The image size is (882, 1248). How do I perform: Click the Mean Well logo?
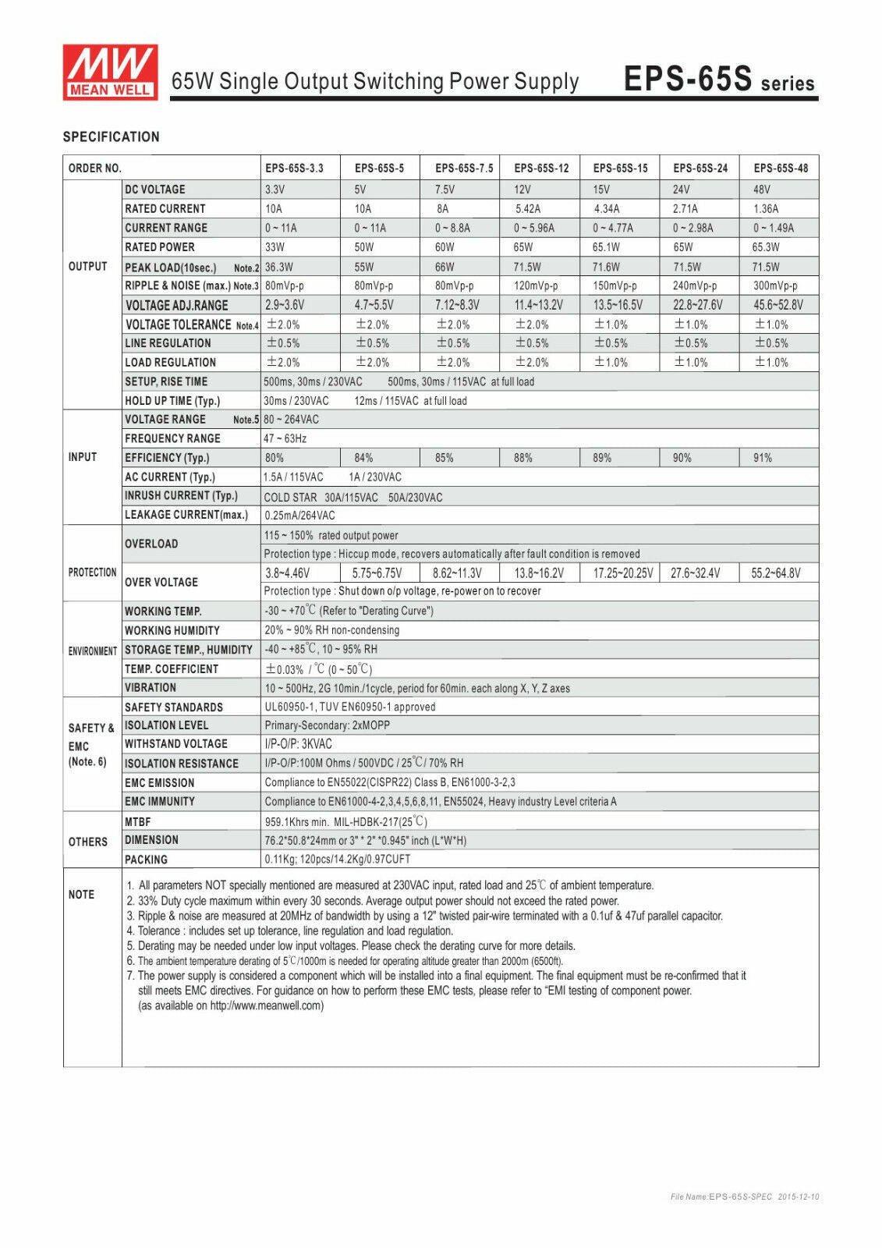coord(110,72)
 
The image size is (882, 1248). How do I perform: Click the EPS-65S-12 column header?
coord(541,168)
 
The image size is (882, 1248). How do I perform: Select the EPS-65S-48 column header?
coord(780,168)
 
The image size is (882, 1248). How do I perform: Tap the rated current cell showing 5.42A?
coord(527,209)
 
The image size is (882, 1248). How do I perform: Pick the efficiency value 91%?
coord(762,458)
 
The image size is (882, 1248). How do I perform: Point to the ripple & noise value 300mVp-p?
coord(774,285)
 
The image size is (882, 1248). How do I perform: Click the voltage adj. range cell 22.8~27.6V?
coord(697,305)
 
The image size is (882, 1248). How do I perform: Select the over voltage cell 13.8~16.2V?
coord(538,573)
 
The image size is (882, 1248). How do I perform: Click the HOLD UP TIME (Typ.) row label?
coord(172,401)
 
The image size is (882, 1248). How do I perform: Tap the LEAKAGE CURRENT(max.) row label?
coord(186,515)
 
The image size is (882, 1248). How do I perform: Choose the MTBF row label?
coord(138,822)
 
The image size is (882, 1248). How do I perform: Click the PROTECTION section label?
coord(92,573)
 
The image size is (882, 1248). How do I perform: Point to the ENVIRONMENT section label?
coord(92,651)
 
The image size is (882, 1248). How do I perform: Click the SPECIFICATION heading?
coord(111,137)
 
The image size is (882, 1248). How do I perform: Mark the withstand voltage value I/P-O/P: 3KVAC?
coord(298,744)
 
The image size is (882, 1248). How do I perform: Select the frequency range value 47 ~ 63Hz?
coord(285,439)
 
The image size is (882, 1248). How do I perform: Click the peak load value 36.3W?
coord(278,267)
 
